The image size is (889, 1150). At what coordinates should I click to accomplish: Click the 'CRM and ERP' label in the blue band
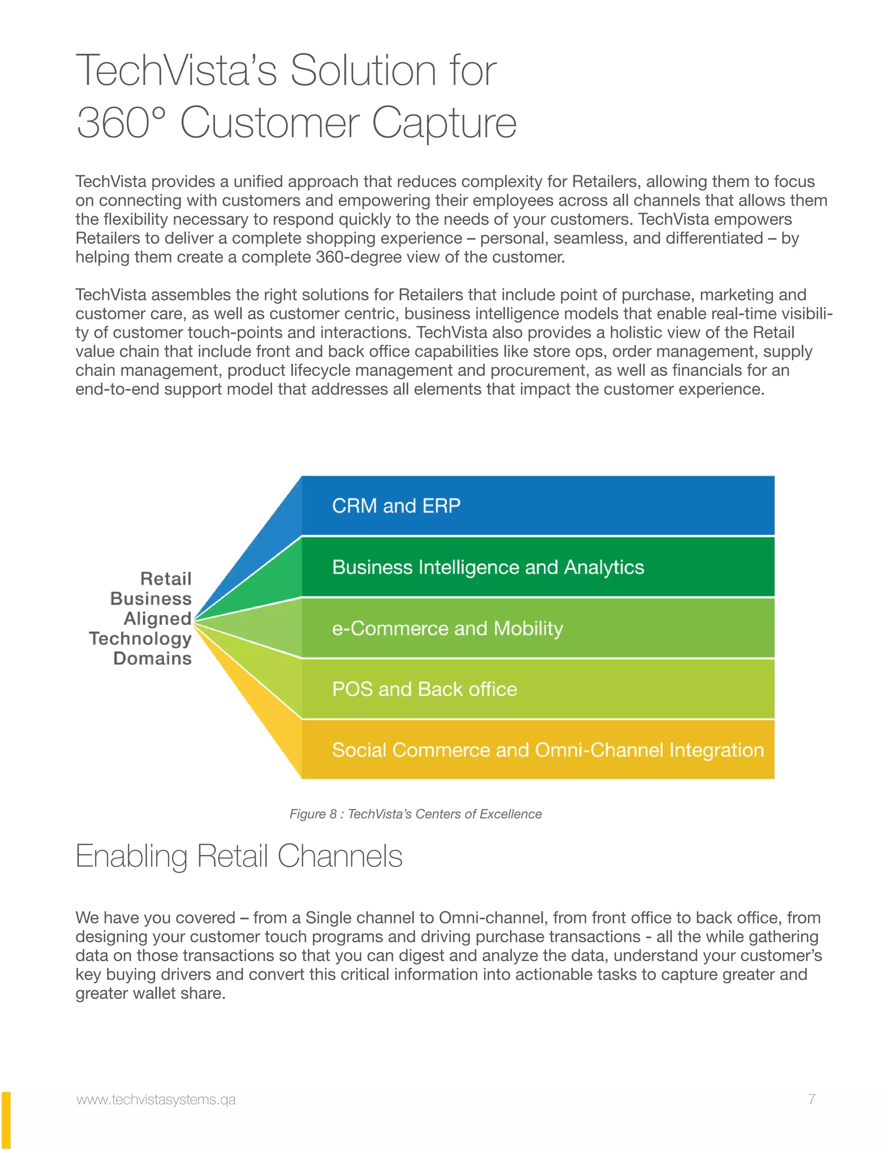click(x=396, y=506)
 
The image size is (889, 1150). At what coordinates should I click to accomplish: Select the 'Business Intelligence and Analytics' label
click(x=487, y=568)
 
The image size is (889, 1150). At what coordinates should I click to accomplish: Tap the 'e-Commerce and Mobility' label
click(x=447, y=629)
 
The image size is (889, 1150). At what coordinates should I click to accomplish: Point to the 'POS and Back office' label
click(x=425, y=689)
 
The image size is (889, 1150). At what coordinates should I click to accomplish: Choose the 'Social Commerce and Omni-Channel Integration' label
click(x=548, y=750)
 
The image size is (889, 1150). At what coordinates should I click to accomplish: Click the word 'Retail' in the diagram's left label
click(x=166, y=578)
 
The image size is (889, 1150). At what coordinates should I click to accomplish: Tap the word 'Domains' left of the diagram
click(x=152, y=658)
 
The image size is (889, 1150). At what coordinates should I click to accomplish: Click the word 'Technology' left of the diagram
click(x=140, y=639)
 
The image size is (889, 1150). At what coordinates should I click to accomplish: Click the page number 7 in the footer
click(x=812, y=1100)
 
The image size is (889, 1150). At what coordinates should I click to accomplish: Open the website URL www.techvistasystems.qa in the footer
click(x=156, y=1100)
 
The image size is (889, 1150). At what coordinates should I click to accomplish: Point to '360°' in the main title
click(x=121, y=123)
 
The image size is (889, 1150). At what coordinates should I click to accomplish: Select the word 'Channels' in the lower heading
click(x=340, y=856)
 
